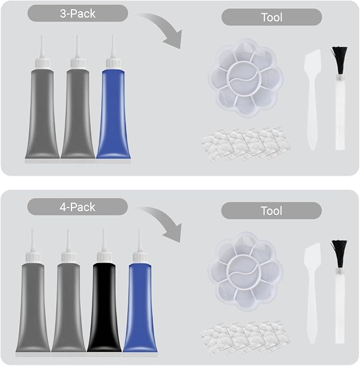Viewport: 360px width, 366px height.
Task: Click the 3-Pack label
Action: click(x=78, y=14)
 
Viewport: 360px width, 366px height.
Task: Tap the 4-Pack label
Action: click(x=77, y=207)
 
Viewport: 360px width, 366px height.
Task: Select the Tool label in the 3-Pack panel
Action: click(x=271, y=18)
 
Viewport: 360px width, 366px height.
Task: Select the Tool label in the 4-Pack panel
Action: click(x=271, y=211)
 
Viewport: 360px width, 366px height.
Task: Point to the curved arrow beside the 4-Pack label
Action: click(x=168, y=221)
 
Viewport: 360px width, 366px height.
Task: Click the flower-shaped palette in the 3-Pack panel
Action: click(x=245, y=78)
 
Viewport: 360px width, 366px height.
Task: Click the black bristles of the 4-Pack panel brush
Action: click(x=339, y=254)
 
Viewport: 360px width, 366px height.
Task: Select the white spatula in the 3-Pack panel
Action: click(x=313, y=99)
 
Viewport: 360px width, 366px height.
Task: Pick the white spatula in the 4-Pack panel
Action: click(x=313, y=293)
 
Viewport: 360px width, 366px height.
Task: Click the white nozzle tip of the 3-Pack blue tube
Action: click(x=113, y=47)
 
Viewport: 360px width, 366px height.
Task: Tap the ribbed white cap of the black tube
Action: click(x=104, y=257)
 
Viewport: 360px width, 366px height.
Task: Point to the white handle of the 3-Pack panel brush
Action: click(x=340, y=112)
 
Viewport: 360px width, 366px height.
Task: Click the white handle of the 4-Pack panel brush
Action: click(x=340, y=306)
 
